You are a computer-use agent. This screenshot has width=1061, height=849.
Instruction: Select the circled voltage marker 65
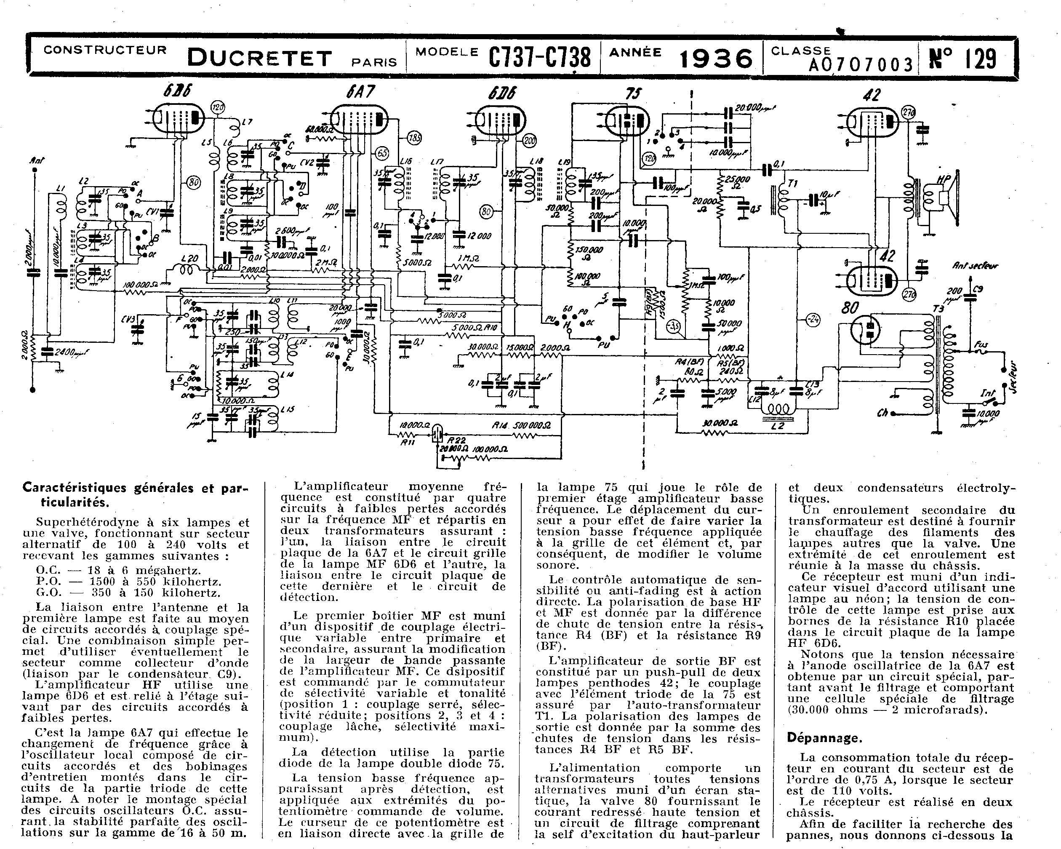click(382, 153)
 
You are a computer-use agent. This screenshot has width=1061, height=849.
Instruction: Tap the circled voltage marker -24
click(813, 320)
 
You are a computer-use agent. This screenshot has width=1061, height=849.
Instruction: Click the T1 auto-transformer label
click(792, 184)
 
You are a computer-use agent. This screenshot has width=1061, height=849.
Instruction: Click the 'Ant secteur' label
click(976, 266)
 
